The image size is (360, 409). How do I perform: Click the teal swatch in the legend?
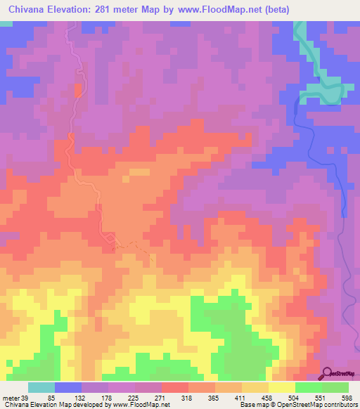41,387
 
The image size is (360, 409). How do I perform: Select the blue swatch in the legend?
68,387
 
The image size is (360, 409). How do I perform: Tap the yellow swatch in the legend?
282,387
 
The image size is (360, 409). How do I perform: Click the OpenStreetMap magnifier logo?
328,373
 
